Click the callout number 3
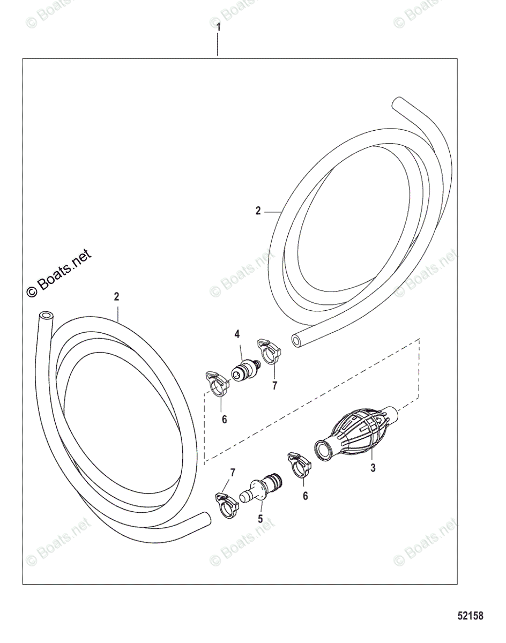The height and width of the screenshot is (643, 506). (x=373, y=468)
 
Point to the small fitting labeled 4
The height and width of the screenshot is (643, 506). (x=244, y=371)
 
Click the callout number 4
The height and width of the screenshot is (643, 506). (x=236, y=334)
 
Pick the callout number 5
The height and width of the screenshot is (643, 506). (x=260, y=519)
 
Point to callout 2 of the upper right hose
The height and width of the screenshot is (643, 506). (x=258, y=211)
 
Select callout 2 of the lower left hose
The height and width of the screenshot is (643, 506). (x=116, y=296)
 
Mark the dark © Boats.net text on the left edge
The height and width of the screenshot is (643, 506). (x=59, y=274)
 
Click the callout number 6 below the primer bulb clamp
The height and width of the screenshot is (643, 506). (x=305, y=496)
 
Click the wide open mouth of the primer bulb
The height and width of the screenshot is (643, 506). (x=323, y=448)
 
